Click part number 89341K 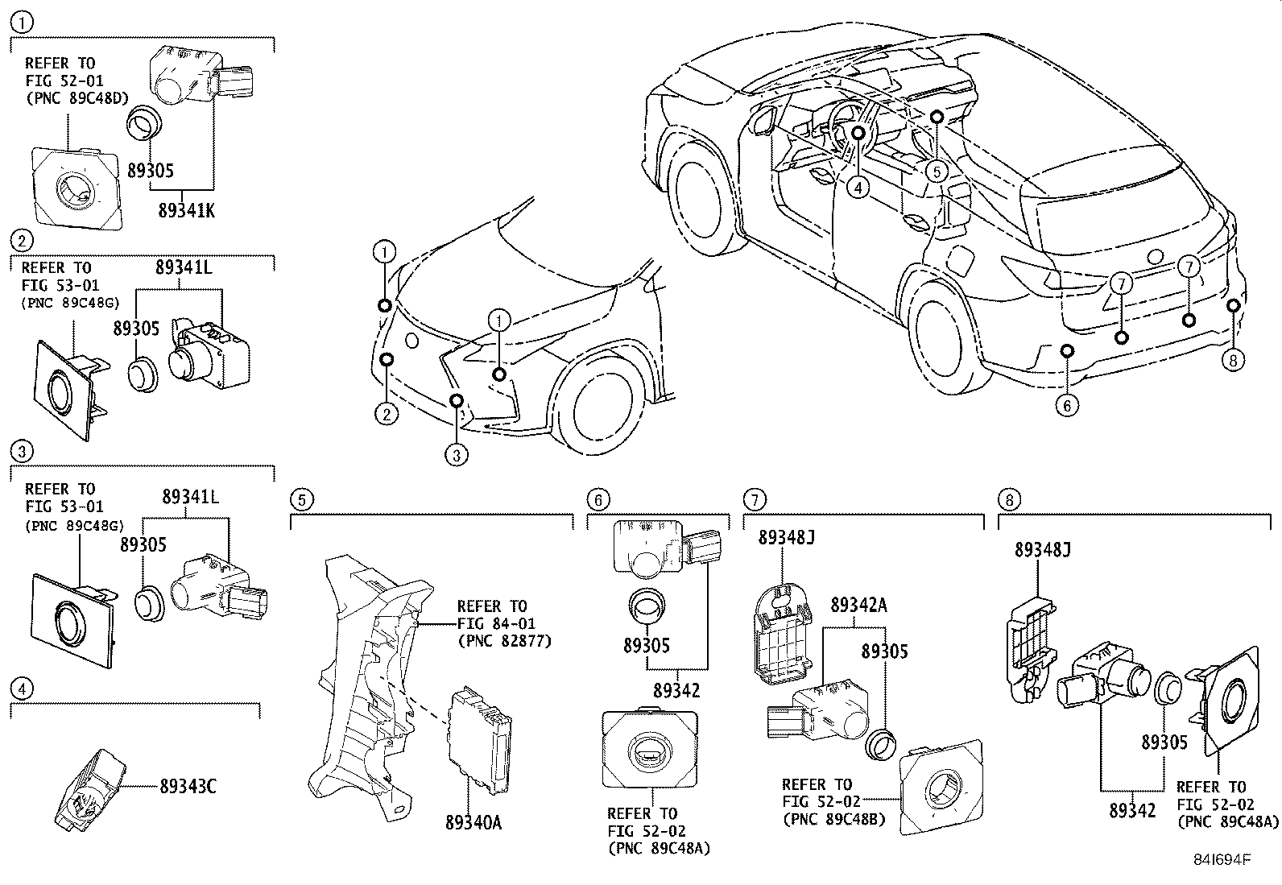click(186, 210)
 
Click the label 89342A click(858, 605)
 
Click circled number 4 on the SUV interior click(859, 188)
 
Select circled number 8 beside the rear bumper click(1232, 360)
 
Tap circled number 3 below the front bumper click(456, 456)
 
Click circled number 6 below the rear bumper click(1067, 405)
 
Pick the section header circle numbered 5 click(299, 499)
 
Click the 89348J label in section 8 click(1043, 550)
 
